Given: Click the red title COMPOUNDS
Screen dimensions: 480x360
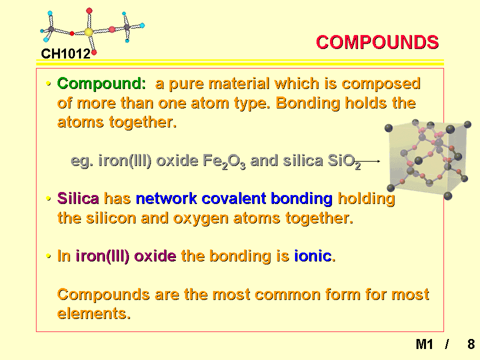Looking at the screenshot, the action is coord(377,42).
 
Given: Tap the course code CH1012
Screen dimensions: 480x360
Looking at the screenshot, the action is coord(66,54).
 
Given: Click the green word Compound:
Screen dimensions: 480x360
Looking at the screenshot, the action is coord(101,83).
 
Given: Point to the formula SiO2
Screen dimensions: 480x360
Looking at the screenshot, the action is coord(344,161).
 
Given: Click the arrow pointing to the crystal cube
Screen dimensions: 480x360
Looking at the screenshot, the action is coord(370,161).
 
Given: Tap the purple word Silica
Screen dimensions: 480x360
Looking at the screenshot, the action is coord(78,198).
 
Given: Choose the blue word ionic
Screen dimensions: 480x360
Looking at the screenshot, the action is coord(313,256).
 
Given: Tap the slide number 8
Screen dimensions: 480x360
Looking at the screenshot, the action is coord(471,344).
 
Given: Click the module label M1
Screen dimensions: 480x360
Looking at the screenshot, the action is coord(424,344).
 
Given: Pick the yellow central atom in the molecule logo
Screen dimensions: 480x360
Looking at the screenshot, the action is coord(89,32).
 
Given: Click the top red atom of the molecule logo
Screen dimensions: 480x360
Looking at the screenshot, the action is coord(89,11).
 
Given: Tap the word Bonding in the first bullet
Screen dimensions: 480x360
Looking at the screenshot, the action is coord(308,103).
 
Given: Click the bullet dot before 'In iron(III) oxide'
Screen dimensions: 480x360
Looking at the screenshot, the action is coord(48,256).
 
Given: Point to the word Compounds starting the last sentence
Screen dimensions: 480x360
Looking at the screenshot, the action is coord(103,295).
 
